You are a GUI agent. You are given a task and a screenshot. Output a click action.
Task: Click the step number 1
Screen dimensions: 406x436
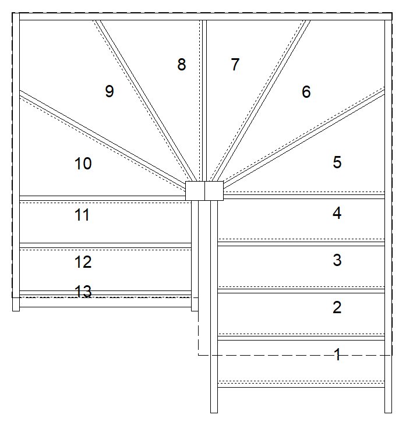click(x=337, y=355)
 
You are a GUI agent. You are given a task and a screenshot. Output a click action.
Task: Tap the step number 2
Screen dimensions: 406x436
click(x=337, y=307)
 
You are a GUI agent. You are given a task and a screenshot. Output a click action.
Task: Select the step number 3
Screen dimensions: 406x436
click(x=337, y=260)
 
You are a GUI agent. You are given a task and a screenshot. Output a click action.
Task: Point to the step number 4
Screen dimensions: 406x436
click(x=337, y=213)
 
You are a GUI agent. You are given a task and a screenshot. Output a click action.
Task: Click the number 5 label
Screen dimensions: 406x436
click(x=337, y=162)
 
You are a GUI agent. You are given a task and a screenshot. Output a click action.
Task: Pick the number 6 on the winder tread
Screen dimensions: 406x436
click(x=306, y=92)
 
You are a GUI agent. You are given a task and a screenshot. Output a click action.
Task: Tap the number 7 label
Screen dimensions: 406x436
click(x=235, y=64)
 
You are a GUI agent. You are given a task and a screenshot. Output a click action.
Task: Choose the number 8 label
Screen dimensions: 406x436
click(x=182, y=65)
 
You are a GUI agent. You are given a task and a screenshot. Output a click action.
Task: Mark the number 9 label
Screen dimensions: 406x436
click(x=110, y=91)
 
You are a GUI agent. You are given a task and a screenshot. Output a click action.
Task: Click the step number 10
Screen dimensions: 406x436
click(x=83, y=164)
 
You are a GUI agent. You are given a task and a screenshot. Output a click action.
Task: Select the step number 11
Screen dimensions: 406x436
click(x=82, y=215)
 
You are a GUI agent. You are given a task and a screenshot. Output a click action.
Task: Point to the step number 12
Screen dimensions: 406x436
click(x=83, y=262)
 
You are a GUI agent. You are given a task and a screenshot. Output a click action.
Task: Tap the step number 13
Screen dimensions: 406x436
click(x=83, y=292)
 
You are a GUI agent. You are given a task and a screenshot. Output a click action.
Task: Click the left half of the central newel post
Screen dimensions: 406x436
click(x=195, y=191)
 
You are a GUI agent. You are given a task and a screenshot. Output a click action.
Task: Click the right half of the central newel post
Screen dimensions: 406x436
click(x=214, y=191)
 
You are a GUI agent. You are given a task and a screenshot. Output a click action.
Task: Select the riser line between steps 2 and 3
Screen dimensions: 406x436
click(x=301, y=291)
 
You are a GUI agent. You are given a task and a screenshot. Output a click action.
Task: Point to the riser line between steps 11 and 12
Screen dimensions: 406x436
click(x=105, y=245)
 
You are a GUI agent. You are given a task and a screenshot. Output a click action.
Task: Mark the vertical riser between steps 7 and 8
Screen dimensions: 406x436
click(x=204, y=101)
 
